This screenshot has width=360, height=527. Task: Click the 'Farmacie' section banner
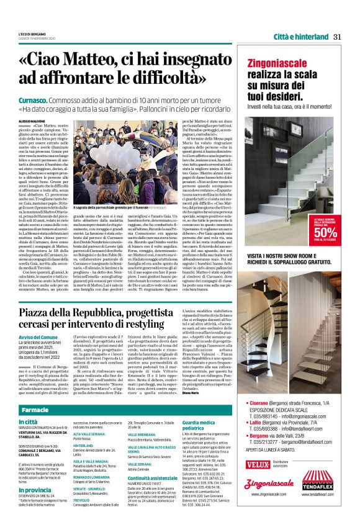(x=35, y=411)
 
